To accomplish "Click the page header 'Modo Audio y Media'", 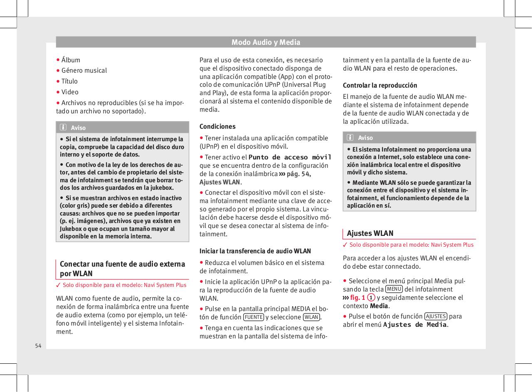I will coord(266,42).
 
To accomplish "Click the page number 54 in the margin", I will coord(38,346).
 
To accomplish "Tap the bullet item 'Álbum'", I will coord(71,60).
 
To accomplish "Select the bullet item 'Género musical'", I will coord(84,71).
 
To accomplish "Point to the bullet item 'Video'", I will coord(70,92).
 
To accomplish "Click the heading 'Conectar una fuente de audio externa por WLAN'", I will coord(122,269).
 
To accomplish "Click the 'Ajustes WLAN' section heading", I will coord(370,233).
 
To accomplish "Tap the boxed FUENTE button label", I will coord(253,317).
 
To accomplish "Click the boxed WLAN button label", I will coord(311,317).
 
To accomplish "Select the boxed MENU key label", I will coord(394,289).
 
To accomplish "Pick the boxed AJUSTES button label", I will coord(436,316).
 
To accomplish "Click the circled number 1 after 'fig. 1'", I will coord(371,298).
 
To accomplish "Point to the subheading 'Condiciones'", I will coord(217,126).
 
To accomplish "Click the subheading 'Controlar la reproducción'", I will coord(380,85).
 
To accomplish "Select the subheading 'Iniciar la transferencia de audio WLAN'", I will coord(255,251).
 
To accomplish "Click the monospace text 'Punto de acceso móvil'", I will coord(290,157).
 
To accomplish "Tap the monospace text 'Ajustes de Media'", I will coord(415,325).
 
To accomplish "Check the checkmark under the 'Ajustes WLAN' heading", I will coord(345,245).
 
